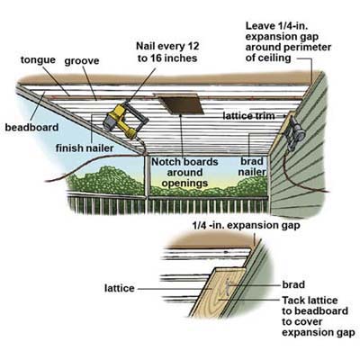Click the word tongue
coord(38,60)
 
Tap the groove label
coord(82,61)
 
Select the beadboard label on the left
coord(31,127)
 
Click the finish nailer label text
coord(85,148)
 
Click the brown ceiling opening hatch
coord(180,103)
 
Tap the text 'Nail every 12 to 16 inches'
coord(167,52)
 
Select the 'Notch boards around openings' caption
coord(184,173)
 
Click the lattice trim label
coord(248,115)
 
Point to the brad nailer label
coord(252,166)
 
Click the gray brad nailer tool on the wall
coord(293,132)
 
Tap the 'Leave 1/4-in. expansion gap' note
coord(288,41)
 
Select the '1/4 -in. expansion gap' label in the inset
coord(246,226)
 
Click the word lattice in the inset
coord(120,288)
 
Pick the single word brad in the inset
coord(293,284)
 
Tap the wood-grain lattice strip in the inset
coord(219,292)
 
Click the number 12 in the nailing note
coord(193,47)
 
